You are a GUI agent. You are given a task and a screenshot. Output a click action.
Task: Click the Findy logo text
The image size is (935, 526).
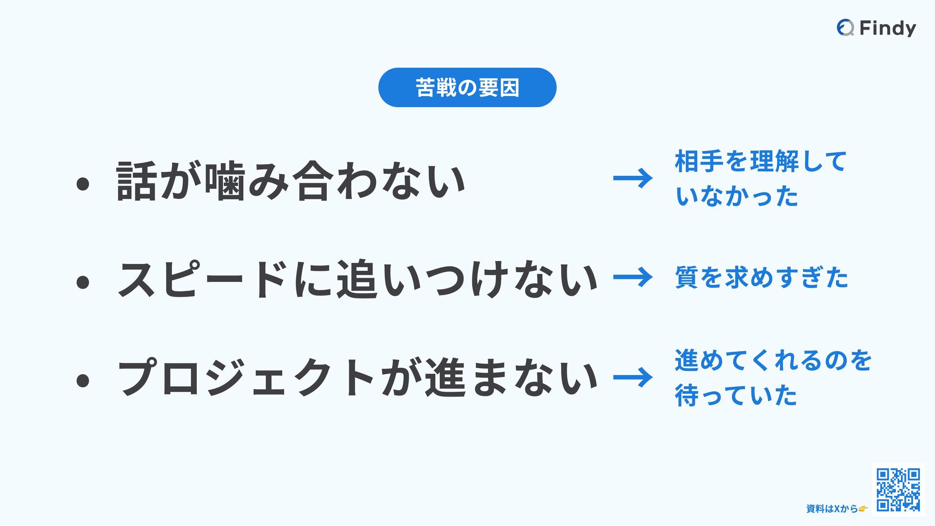(x=887, y=28)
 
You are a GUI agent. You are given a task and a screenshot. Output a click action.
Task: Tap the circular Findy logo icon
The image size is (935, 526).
(x=845, y=28)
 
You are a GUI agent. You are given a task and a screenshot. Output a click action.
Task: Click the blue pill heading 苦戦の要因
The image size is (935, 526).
(x=467, y=88)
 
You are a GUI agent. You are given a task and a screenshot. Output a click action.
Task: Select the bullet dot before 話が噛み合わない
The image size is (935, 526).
(x=83, y=184)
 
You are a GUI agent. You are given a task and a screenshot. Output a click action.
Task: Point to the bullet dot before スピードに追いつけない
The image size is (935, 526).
(x=83, y=282)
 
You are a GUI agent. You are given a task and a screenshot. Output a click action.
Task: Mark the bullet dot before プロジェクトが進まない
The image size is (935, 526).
(x=83, y=380)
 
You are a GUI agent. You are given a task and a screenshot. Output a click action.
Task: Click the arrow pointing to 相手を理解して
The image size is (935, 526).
(x=633, y=178)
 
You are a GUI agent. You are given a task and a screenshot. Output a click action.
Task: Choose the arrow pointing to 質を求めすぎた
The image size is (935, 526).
(x=633, y=277)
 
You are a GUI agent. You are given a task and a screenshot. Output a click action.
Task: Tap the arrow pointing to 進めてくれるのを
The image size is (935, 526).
(x=633, y=377)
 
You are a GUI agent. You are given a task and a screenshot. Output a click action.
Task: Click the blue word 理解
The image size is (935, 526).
(x=774, y=161)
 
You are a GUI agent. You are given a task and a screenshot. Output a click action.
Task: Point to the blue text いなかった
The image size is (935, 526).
(x=736, y=196)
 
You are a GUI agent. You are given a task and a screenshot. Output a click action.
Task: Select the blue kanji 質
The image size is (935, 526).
(x=687, y=277)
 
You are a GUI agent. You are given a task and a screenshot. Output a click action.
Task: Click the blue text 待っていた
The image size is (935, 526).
(x=735, y=395)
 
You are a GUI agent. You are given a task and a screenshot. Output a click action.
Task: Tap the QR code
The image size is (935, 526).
(x=898, y=489)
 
